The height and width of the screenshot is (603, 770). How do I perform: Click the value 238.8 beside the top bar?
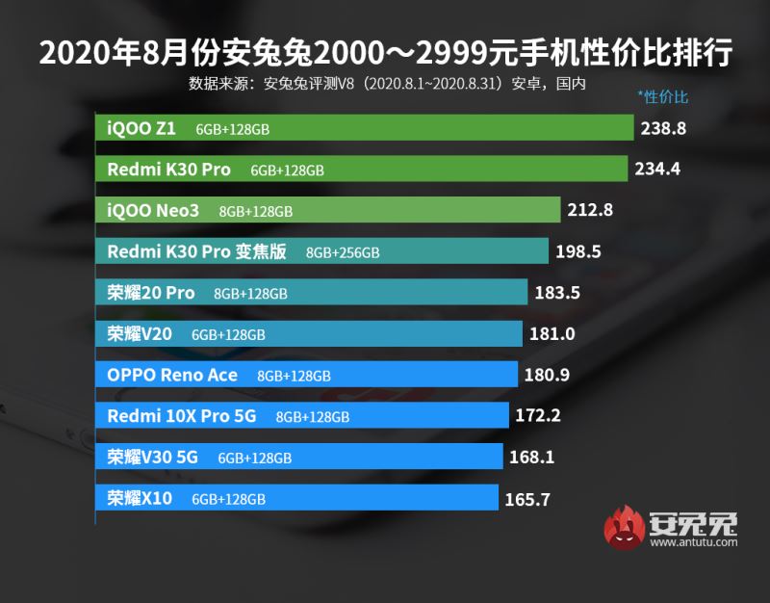[663, 128]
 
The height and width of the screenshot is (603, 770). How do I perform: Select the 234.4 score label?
[657, 170]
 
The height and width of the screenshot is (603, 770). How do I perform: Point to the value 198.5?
[578, 252]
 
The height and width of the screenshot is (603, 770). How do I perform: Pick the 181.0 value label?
[552, 334]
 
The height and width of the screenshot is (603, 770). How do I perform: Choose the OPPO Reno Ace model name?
[171, 375]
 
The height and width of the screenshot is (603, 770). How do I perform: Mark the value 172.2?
[537, 416]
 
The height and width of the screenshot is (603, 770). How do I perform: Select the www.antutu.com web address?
[693, 543]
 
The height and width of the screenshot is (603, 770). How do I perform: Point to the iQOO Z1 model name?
[141, 128]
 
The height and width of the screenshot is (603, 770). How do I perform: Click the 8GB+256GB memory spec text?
[343, 252]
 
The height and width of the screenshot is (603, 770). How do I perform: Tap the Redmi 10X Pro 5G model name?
[183, 416]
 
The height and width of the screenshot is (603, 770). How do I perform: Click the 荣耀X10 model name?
[140, 499]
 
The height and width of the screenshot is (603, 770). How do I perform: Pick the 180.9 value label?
[544, 375]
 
